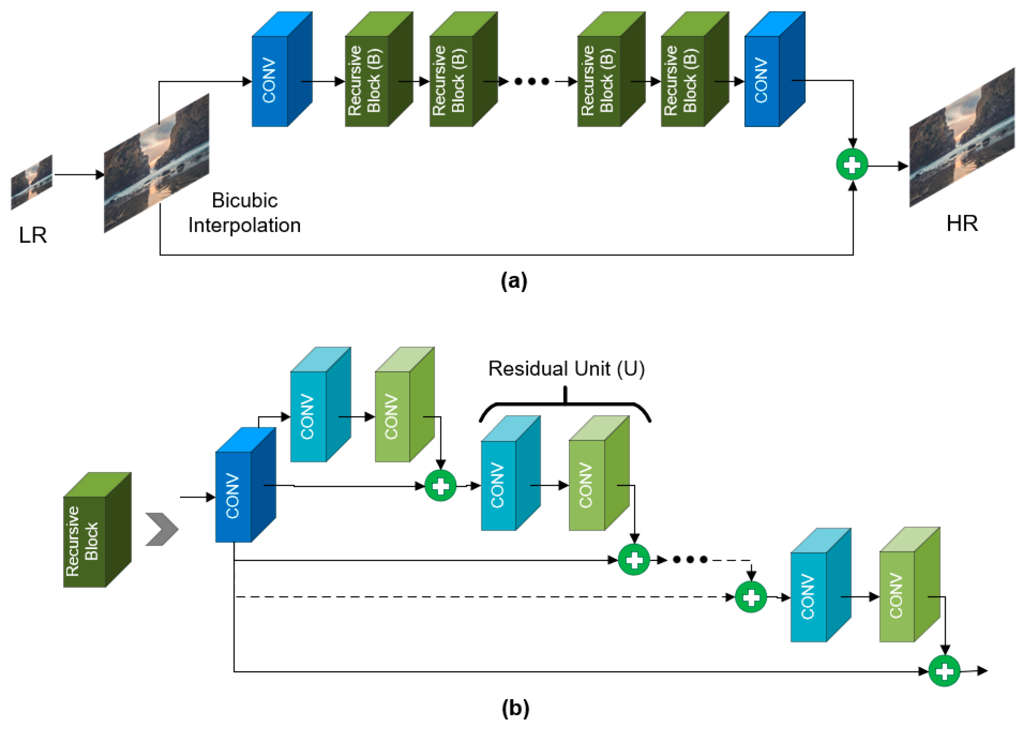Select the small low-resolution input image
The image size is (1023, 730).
tap(32, 182)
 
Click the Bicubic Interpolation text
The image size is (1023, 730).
tap(244, 213)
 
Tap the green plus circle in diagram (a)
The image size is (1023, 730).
tap(852, 164)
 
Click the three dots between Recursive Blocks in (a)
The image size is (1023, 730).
tap(532, 81)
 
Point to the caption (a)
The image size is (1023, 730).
tap(514, 281)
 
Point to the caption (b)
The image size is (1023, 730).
tap(515, 708)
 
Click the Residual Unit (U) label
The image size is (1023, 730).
tap(566, 369)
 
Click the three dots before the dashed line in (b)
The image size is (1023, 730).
tap(690, 560)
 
